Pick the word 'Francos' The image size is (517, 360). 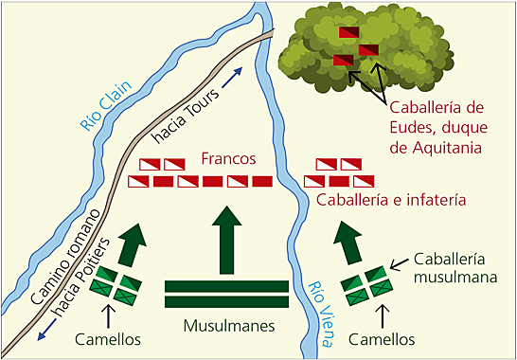click(x=228, y=158)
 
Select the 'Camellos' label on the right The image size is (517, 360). click(x=383, y=339)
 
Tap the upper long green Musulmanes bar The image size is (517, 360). click(x=227, y=286)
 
